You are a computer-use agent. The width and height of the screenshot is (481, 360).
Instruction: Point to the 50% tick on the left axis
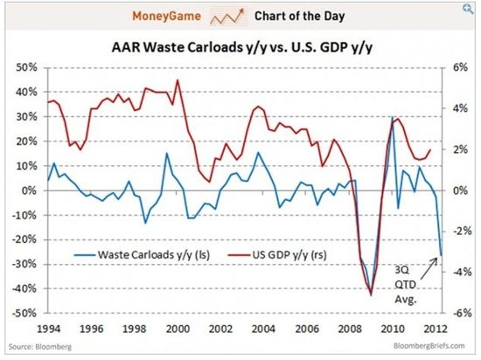click(x=24, y=67)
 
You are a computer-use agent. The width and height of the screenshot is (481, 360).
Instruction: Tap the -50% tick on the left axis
click(x=23, y=313)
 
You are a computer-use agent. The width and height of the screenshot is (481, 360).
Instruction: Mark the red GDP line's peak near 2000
click(x=178, y=80)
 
